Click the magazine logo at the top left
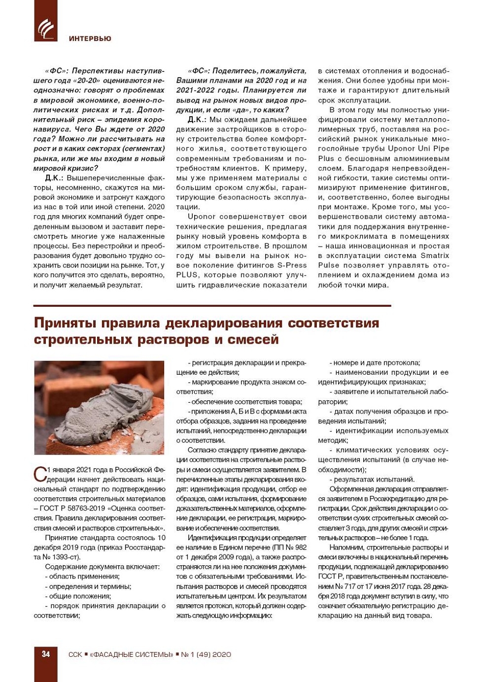pyautogui.click(x=45, y=28)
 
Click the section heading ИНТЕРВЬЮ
pyautogui.click(x=90, y=38)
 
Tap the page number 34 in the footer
pyautogui.click(x=46, y=654)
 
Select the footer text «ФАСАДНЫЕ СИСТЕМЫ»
pyautogui.click(x=131, y=654)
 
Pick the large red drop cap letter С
pyautogui.click(x=39, y=474)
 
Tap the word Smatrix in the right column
pyautogui.click(x=435, y=256)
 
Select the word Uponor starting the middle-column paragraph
pyautogui.click(x=202, y=217)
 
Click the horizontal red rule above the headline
pyautogui.click(x=212, y=306)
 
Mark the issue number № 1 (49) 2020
pyautogui.click(x=206, y=654)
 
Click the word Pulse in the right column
pyautogui.click(x=329, y=265)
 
